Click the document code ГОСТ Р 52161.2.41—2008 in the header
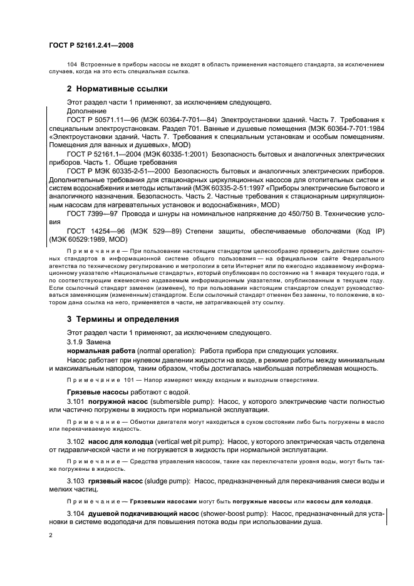tap(91, 46)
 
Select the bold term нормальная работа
tap(101, 351)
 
